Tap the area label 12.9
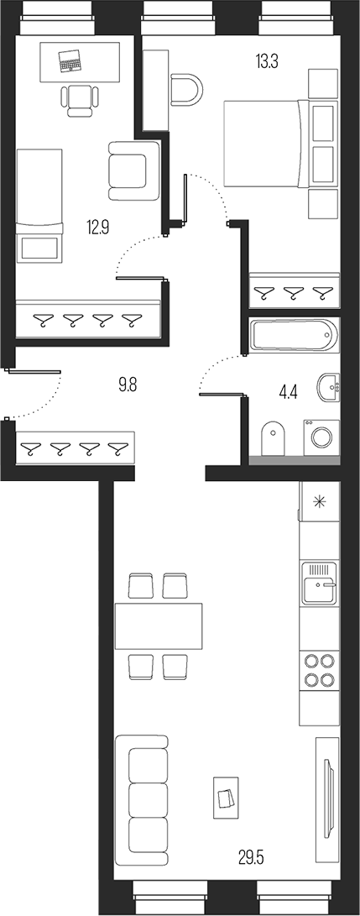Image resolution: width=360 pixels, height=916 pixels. tap(97, 225)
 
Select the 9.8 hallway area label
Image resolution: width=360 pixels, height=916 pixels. tap(128, 385)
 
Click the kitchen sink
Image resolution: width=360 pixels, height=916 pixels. tap(319, 579)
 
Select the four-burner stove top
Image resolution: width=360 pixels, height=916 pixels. tap(319, 670)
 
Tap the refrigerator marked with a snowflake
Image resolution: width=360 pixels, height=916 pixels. tap(319, 503)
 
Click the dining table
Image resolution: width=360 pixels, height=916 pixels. tap(159, 625)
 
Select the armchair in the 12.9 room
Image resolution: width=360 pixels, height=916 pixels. tap(133, 165)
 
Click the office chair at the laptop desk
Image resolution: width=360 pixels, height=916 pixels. tap(80, 98)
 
